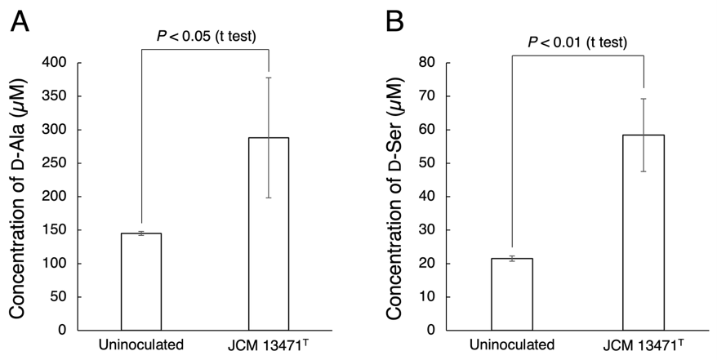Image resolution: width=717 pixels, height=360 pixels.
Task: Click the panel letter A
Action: point(20,21)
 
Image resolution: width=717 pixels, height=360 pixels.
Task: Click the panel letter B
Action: point(394,21)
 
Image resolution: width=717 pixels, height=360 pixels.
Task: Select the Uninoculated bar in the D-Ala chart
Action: point(141,282)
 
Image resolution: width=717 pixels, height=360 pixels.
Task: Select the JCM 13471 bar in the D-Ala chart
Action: point(269,234)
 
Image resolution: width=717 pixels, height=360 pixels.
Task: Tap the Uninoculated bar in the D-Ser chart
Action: point(512,294)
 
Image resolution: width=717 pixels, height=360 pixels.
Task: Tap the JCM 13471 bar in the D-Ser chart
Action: point(644,233)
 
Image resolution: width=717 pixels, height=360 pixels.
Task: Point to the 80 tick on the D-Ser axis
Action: point(429,63)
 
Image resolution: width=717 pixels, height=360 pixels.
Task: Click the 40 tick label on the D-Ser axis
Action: point(429,197)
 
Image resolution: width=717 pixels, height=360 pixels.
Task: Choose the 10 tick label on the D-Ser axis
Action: point(429,297)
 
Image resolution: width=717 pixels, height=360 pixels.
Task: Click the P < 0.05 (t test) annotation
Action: point(206,36)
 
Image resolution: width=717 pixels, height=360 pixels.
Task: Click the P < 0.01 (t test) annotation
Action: point(577,42)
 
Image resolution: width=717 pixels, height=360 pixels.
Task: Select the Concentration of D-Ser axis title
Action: point(394,198)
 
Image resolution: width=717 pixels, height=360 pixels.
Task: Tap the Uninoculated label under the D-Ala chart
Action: point(141,344)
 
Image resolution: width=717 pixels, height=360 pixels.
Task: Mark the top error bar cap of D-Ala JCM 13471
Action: point(269,78)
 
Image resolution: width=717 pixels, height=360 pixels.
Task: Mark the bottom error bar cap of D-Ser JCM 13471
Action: point(644,171)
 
